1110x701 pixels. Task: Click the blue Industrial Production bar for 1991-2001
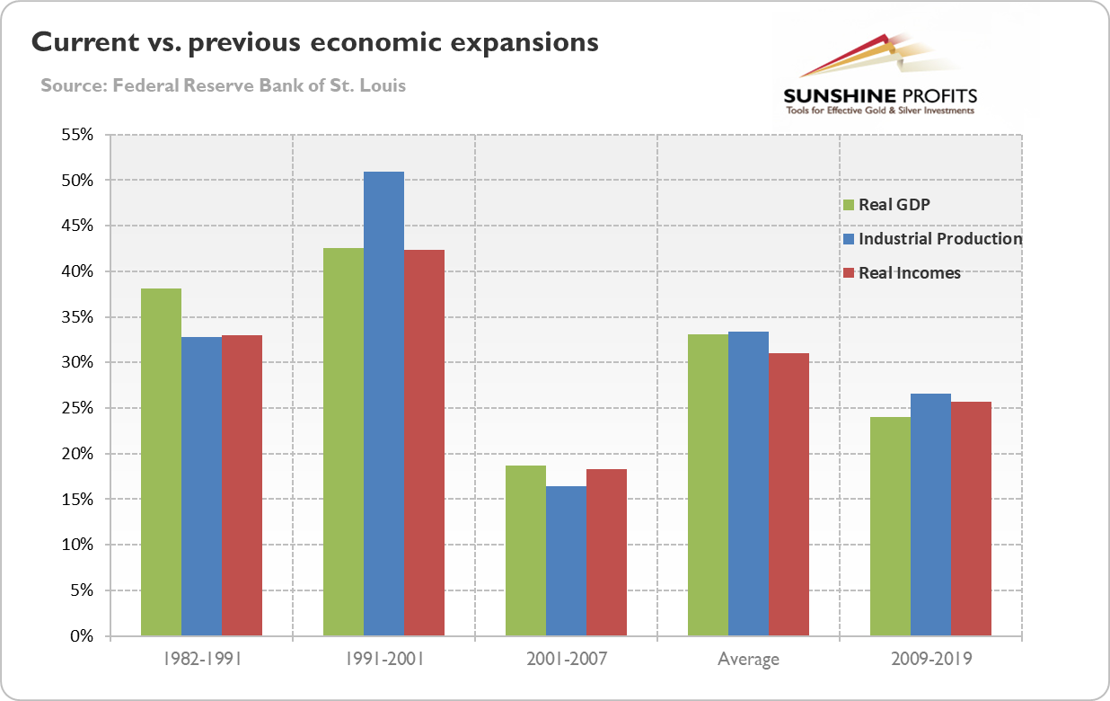pyautogui.click(x=383, y=404)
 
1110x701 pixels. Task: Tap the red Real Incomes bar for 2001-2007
pyautogui.click(x=606, y=552)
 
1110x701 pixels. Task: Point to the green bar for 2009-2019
pyautogui.click(x=890, y=526)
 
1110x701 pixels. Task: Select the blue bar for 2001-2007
pyautogui.click(x=566, y=561)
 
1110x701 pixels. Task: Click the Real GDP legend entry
pyautogui.click(x=894, y=204)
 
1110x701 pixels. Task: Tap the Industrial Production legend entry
pyautogui.click(x=939, y=239)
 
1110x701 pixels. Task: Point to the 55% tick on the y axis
pyautogui.click(x=77, y=135)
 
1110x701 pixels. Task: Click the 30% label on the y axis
pyautogui.click(x=77, y=363)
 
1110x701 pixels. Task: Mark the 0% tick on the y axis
pyautogui.click(x=82, y=636)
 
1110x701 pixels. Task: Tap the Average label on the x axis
pyautogui.click(x=748, y=660)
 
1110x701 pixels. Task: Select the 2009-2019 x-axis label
pyautogui.click(x=930, y=660)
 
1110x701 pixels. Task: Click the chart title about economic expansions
pyautogui.click(x=315, y=42)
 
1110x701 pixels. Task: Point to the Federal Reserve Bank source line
pyautogui.click(x=223, y=86)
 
